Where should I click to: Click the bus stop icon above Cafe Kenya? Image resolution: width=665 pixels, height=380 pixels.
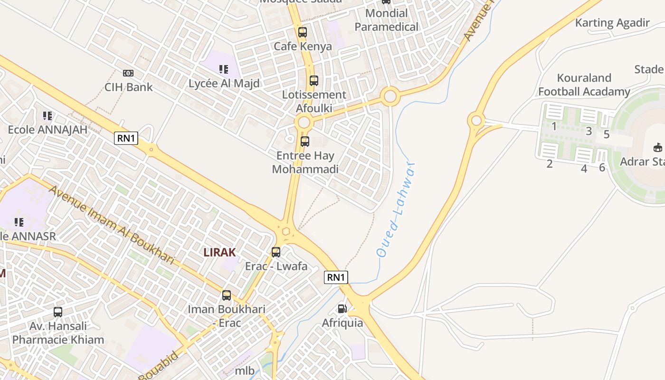point(303,32)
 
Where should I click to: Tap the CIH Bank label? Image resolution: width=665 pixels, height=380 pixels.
point(129,87)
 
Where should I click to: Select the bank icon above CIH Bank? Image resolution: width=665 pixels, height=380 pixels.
point(128,73)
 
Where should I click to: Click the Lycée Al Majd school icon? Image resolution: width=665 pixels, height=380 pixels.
point(224,69)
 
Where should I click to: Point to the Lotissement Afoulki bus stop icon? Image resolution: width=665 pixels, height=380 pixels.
point(314,81)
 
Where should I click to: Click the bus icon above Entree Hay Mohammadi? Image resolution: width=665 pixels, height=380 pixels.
point(305,142)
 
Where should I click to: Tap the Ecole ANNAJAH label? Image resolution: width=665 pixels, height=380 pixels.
point(47,130)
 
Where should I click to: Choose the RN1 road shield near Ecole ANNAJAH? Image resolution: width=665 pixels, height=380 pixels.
point(126,138)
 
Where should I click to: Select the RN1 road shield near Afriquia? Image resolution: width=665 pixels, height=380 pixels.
point(336,277)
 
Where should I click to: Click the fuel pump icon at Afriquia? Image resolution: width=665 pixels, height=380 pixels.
point(342,309)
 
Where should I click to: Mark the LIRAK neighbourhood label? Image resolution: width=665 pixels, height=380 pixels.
point(219,252)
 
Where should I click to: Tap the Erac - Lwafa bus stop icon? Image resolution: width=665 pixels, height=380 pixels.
point(276,252)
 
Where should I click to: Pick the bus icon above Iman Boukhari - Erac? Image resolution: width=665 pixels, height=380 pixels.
point(227,295)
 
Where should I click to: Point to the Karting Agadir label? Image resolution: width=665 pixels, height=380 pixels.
point(612,23)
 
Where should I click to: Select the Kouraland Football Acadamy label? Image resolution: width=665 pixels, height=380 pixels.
point(584,85)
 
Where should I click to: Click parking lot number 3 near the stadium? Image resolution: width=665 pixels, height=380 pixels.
point(589,131)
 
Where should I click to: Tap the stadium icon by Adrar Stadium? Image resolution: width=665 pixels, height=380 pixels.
point(658,147)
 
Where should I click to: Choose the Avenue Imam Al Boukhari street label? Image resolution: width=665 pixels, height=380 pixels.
point(112,224)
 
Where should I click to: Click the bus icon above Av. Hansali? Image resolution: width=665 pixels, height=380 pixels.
point(58,312)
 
